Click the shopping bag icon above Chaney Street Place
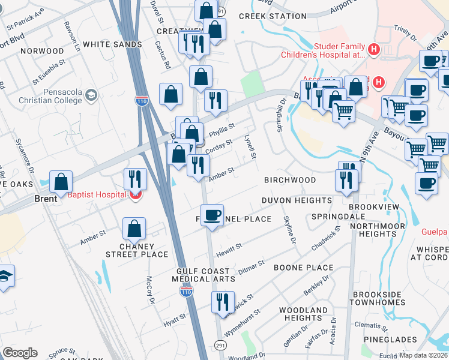click(134, 229)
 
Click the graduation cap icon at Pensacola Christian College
click(91, 95)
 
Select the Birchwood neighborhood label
click(290, 180)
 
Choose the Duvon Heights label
click(297, 200)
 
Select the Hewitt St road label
click(231, 247)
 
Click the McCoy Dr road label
click(150, 290)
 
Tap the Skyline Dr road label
click(289, 230)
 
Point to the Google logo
click(20, 353)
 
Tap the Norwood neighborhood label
click(41, 51)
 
